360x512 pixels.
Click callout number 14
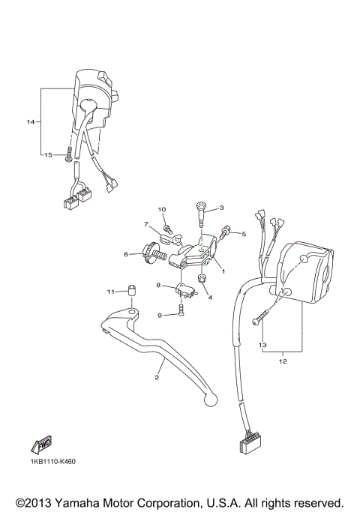[31, 121]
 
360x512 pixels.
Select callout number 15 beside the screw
[46, 155]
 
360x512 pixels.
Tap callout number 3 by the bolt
[221, 208]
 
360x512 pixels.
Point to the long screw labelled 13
[265, 312]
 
